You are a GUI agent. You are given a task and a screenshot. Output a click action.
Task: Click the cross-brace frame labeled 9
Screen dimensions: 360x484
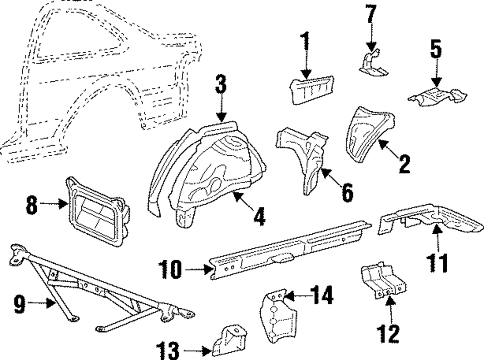pyautogui.click(x=97, y=290)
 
